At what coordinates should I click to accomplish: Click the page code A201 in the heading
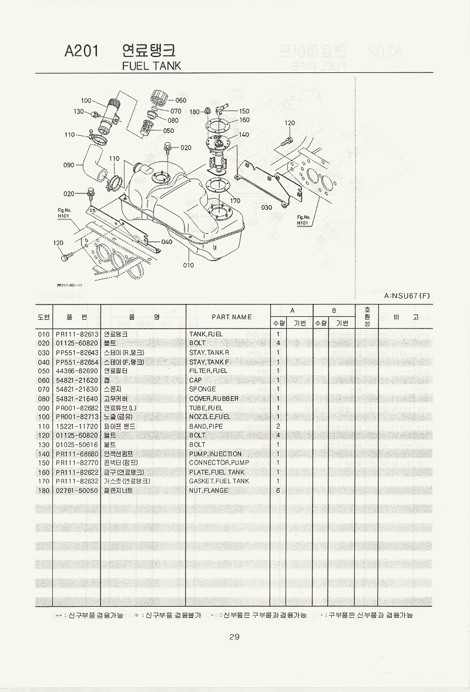tap(82, 52)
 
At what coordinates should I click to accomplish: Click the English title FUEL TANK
tap(152, 66)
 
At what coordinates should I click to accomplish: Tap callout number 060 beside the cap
tap(180, 101)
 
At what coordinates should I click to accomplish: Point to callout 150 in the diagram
tap(244, 111)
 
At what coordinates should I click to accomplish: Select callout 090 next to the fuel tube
tap(69, 165)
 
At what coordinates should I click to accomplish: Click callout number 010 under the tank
tap(188, 265)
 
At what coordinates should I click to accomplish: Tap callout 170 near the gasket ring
tap(234, 200)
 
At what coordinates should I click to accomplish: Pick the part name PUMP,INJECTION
tap(215, 453)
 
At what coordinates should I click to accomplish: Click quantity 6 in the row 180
tap(277, 490)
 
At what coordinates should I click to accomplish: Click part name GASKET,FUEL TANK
tap(219, 481)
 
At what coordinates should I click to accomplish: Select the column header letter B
tap(334, 310)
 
